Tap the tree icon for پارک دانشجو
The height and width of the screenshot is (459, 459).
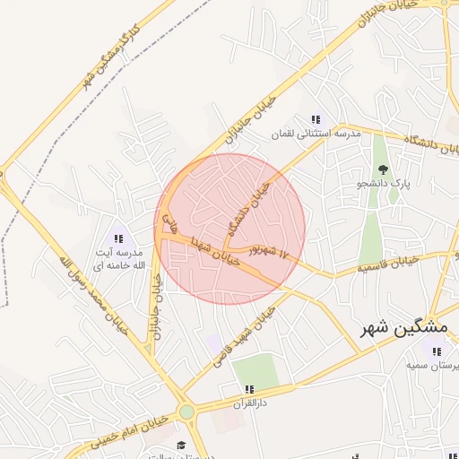tap(384, 169)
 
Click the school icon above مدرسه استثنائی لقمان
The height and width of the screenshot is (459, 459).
tap(316, 119)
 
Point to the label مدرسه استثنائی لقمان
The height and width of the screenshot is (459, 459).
tap(316, 134)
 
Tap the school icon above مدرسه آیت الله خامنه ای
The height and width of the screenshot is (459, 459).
tap(118, 238)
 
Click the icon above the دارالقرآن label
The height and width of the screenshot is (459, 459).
tap(249, 389)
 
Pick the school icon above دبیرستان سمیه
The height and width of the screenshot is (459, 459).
tap(437, 351)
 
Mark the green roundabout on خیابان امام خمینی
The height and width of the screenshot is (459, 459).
tap(186, 412)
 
